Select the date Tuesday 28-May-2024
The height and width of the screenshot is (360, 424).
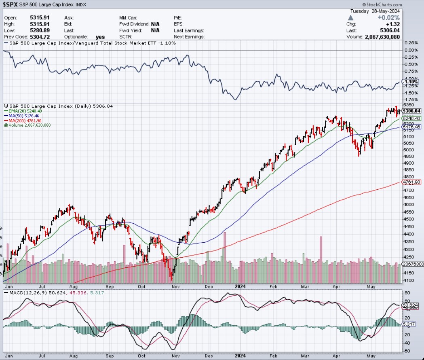377,11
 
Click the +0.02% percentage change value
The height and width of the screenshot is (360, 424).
388,18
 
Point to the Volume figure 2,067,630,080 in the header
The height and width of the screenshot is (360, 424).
376,37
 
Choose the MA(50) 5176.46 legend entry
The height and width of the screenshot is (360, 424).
25,116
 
